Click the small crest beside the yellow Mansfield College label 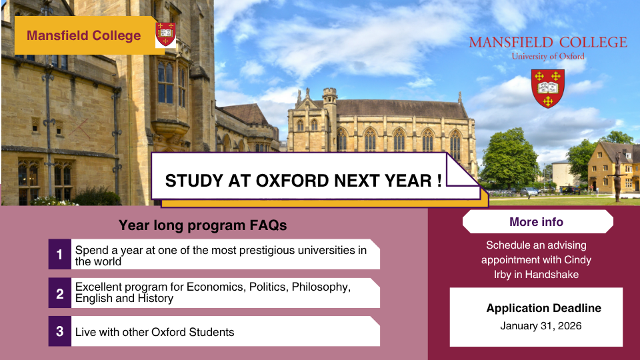pyautogui.click(x=165, y=34)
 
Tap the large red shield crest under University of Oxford pyautogui.click(x=547, y=87)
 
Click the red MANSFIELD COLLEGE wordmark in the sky pyautogui.click(x=547, y=43)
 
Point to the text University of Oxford pyautogui.click(x=547, y=57)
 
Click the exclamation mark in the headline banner pyautogui.click(x=440, y=181)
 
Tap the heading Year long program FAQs pyautogui.click(x=203, y=225)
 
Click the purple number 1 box pyautogui.click(x=59, y=254)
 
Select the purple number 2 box pyautogui.click(x=59, y=293)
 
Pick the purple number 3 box pyautogui.click(x=59, y=331)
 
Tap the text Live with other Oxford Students pyautogui.click(x=155, y=332)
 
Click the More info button pyautogui.click(x=537, y=222)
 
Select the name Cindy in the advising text pyautogui.click(x=577, y=259)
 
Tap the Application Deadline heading pyautogui.click(x=543, y=308)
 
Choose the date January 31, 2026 pyautogui.click(x=541, y=326)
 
